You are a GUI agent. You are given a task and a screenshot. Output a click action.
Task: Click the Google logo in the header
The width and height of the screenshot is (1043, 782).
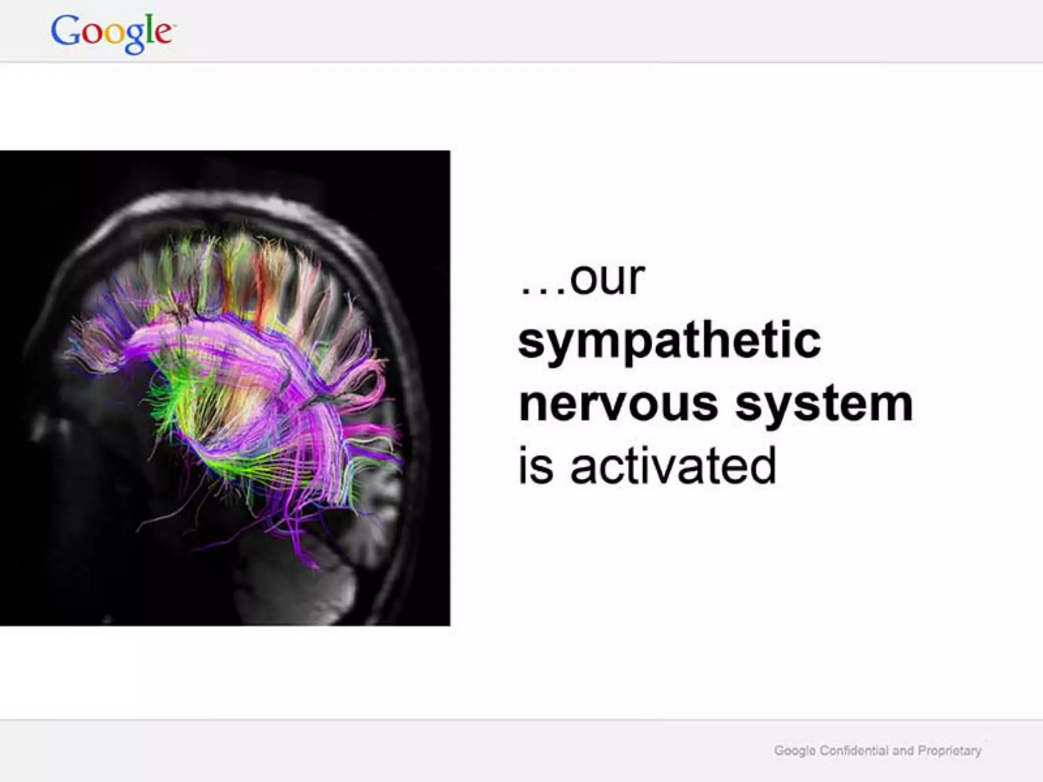(112, 33)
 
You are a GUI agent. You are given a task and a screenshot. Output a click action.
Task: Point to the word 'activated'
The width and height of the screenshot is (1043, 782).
(673, 465)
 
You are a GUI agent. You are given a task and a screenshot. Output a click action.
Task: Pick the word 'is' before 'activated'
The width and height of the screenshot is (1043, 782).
(535, 465)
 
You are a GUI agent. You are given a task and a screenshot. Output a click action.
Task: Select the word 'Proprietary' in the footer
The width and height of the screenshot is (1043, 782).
(949, 751)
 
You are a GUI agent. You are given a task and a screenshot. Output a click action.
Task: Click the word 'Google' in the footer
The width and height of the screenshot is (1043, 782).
(795, 751)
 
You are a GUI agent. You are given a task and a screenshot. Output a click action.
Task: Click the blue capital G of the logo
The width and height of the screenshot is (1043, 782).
(65, 31)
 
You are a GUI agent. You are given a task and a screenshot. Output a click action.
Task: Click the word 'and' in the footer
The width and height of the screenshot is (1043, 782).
(903, 751)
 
